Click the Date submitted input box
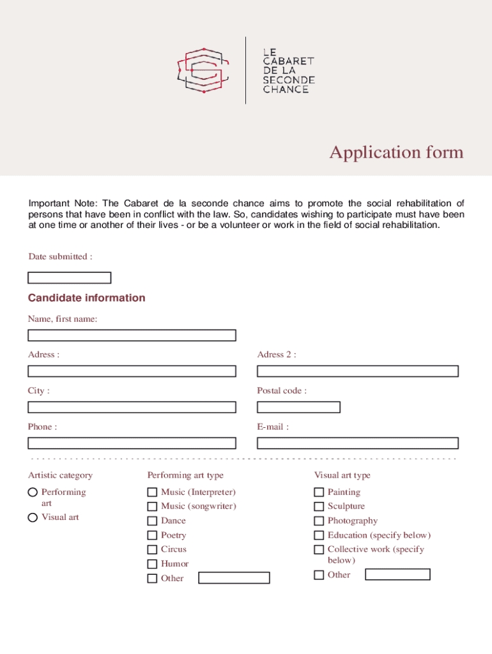[x=69, y=278]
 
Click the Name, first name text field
[x=132, y=335]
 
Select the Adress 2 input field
[x=358, y=371]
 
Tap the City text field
[x=132, y=407]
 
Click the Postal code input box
[x=298, y=407]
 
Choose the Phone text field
[x=132, y=443]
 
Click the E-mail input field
[x=358, y=443]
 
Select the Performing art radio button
[x=33, y=492]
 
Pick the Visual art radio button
[x=33, y=517]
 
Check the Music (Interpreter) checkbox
[x=152, y=492]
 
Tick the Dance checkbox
[x=152, y=521]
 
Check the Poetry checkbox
[x=152, y=535]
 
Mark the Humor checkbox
[x=152, y=564]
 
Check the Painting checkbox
[x=319, y=492]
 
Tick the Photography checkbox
[x=319, y=521]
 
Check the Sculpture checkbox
[x=319, y=506]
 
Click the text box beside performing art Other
[x=234, y=578]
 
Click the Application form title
[x=396, y=153]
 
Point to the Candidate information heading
[x=86, y=298]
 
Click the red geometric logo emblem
[x=202, y=70]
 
